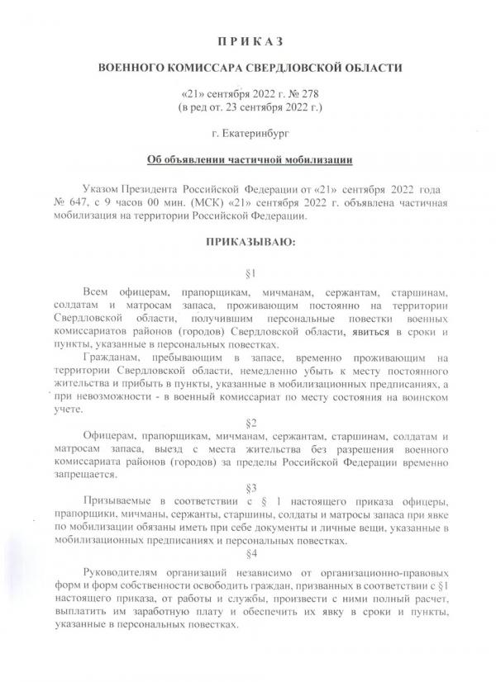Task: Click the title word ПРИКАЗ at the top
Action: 247,40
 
